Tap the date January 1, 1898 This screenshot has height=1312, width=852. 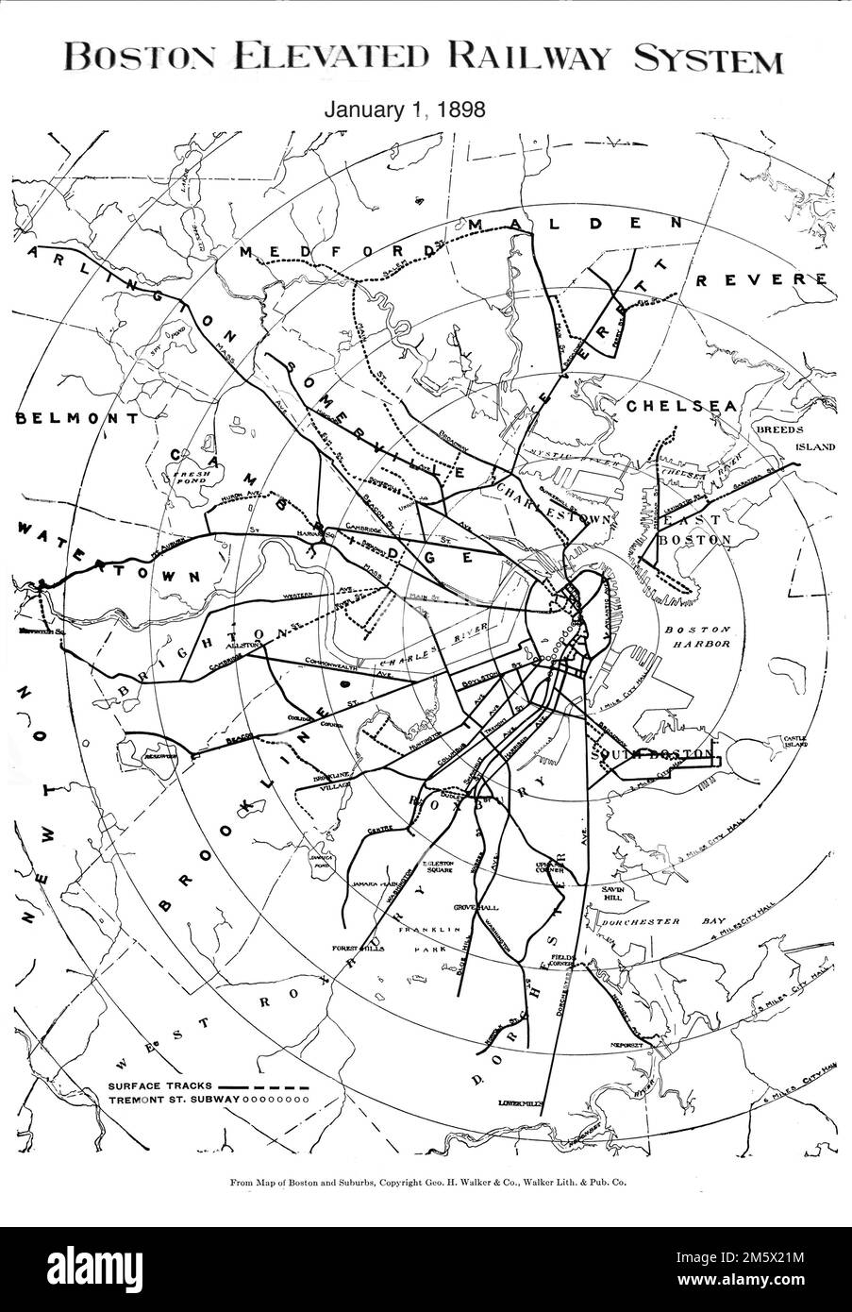pyautogui.click(x=405, y=109)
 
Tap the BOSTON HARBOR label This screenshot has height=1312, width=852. pyautogui.click(x=698, y=637)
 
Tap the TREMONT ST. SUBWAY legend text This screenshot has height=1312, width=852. pyautogui.click(x=174, y=1100)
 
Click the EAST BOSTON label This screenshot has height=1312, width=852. pyautogui.click(x=693, y=530)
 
